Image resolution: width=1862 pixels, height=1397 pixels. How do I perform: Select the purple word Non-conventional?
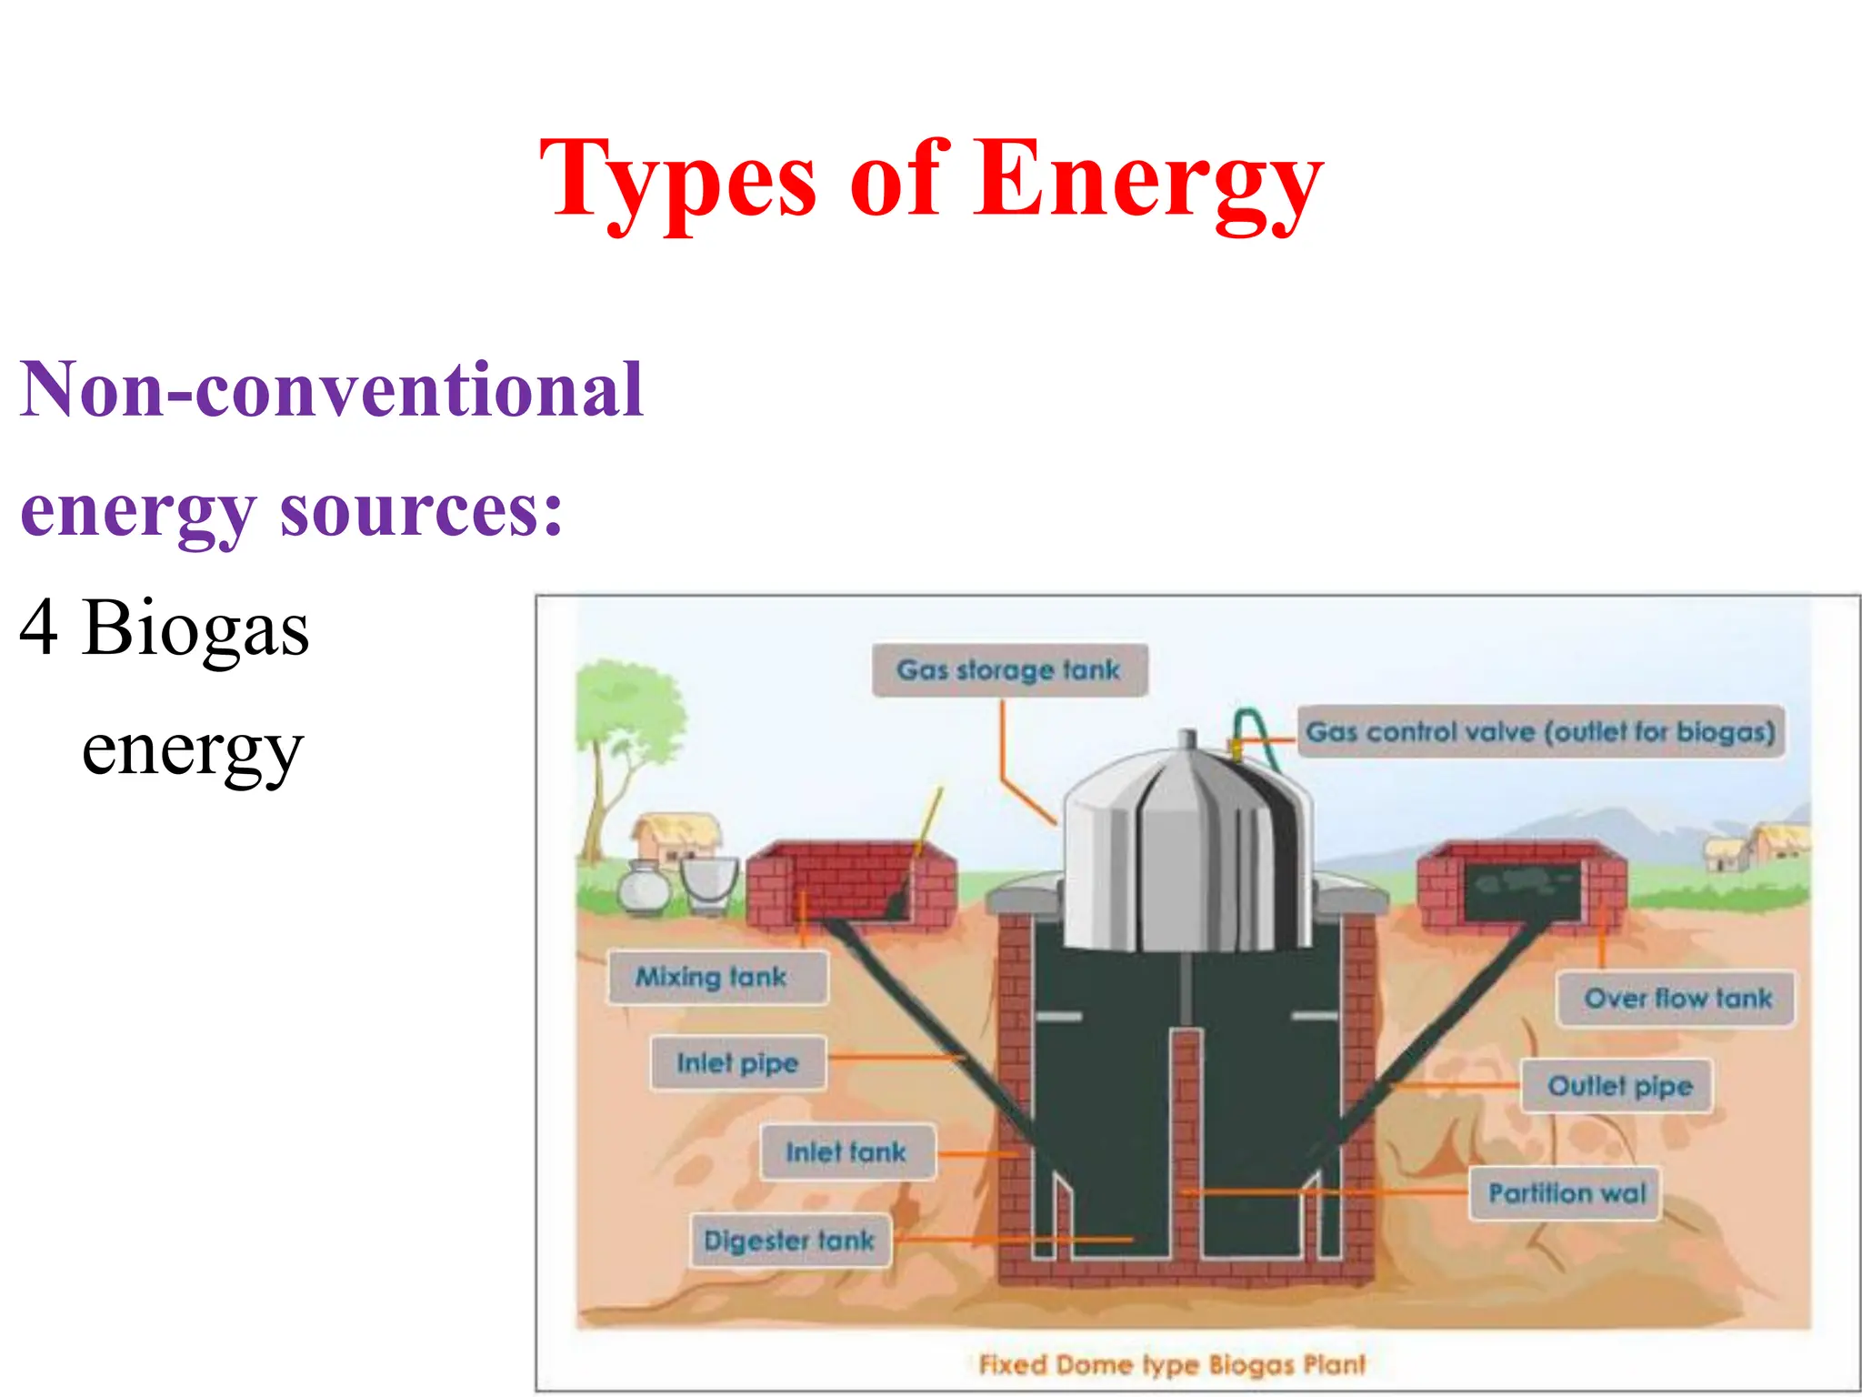tap(332, 389)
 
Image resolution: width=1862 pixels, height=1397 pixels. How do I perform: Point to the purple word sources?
tap(421, 509)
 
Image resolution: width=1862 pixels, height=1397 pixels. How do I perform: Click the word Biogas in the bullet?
tap(195, 628)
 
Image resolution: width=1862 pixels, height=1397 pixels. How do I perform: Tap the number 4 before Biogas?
tap(39, 628)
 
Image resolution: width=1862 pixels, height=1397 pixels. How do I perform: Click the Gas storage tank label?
tap(1008, 670)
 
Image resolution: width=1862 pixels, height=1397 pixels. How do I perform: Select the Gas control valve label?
tap(1540, 732)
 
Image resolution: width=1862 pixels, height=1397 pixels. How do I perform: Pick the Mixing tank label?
tap(711, 978)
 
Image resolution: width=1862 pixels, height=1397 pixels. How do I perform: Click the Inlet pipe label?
tap(737, 1063)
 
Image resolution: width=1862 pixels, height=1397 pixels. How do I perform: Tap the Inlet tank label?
tap(846, 1153)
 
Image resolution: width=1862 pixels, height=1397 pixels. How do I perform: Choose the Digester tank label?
tap(789, 1241)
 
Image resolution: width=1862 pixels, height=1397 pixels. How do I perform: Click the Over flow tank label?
tap(1677, 999)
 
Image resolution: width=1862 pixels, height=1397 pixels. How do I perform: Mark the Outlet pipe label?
tap(1620, 1086)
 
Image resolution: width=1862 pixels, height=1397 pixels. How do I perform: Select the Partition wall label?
tap(1567, 1193)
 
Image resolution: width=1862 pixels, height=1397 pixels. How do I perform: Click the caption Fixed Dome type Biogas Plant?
tap(1172, 1364)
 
